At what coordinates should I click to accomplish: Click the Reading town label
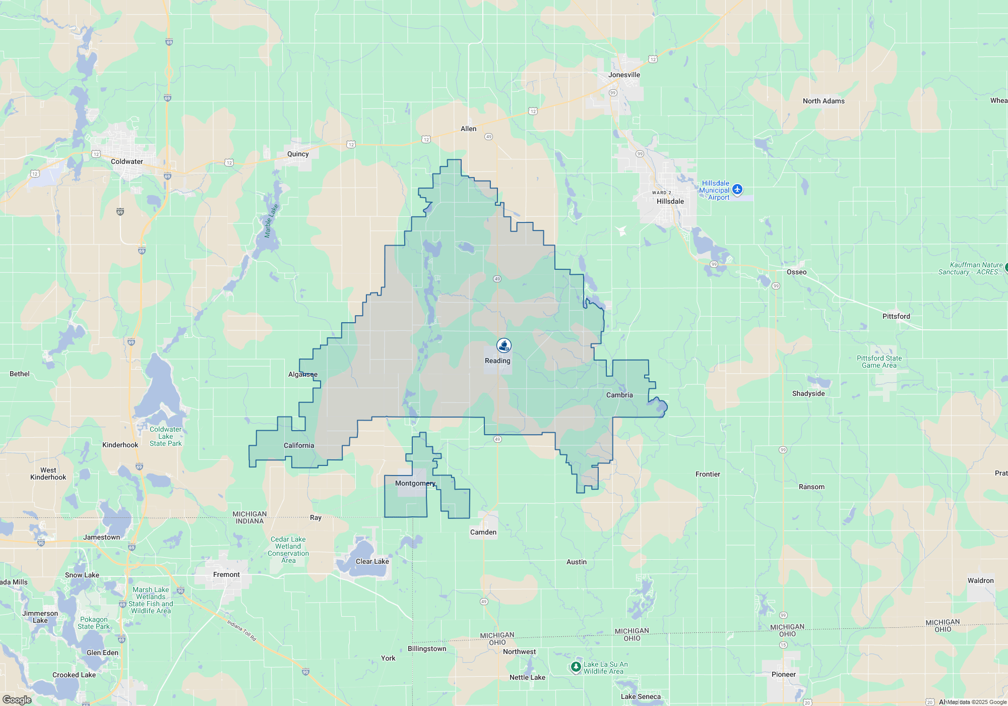tap(497, 361)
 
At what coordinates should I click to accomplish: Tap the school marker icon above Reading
tap(504, 345)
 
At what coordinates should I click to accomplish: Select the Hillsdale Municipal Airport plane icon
tap(737, 189)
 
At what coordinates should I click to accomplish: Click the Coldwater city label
tap(127, 161)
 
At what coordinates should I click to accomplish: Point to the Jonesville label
tap(624, 75)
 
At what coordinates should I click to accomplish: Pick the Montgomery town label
tap(415, 483)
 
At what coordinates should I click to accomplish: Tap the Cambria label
tap(619, 395)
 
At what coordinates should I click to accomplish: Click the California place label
tap(299, 445)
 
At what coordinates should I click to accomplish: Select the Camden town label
tap(483, 532)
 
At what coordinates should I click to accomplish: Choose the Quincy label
tap(298, 154)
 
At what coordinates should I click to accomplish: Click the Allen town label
tap(468, 129)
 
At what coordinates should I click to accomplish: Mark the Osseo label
tap(796, 272)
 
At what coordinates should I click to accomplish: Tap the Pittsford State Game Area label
tap(879, 362)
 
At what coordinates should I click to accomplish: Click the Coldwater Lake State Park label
tap(165, 436)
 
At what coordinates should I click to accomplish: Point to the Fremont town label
tap(226, 574)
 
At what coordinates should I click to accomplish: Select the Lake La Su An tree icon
tap(576, 667)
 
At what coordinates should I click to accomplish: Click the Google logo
tap(17, 699)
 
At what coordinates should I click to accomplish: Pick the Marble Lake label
tap(271, 221)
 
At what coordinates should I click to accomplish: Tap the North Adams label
tap(824, 101)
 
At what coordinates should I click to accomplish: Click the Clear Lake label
tap(372, 561)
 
